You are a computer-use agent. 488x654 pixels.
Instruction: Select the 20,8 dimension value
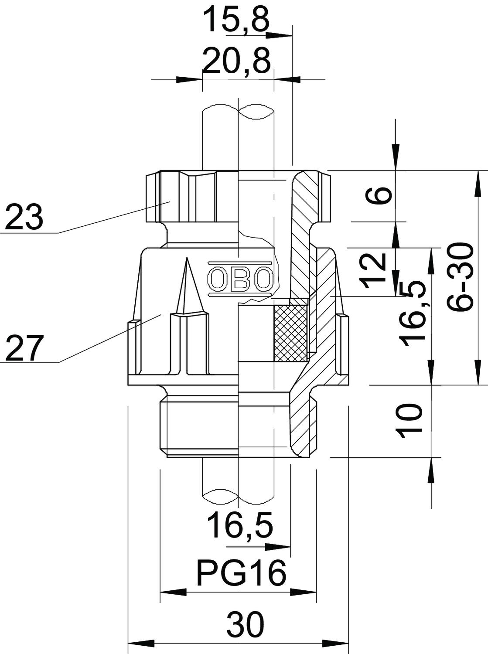(237, 61)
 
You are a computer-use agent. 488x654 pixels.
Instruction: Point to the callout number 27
(23, 347)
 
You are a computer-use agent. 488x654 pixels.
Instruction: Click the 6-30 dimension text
(460, 278)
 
